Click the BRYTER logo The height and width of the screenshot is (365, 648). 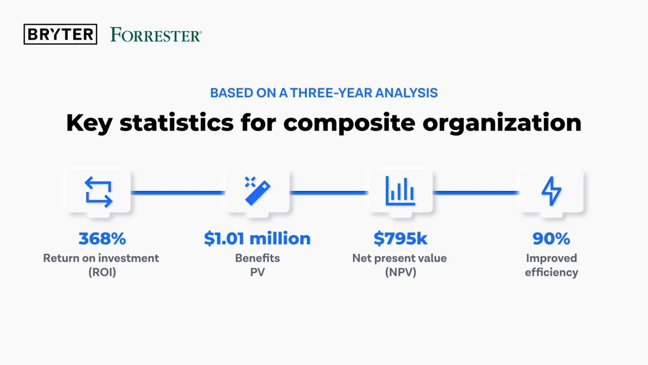tap(60, 34)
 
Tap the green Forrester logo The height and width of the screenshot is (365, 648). tap(156, 35)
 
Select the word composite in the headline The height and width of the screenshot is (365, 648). tap(350, 123)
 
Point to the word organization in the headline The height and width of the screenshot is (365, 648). tap(502, 123)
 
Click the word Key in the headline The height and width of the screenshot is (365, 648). tap(89, 123)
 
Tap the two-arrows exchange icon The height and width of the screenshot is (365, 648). tap(99, 192)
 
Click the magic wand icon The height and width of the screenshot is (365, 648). tap(257, 191)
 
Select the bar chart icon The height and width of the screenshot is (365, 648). tap(400, 191)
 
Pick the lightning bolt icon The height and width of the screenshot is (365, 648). tap(551, 191)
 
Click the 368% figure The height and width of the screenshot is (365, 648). tap(102, 239)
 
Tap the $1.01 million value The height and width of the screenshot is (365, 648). tap(257, 238)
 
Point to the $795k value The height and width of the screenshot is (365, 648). tap(400, 239)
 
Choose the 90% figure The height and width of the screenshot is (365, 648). tap(551, 239)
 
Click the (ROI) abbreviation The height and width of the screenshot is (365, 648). tap(102, 272)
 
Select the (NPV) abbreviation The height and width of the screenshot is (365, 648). tap(400, 272)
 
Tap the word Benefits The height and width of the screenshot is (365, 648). tap(257, 258)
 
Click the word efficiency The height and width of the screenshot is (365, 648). tap(551, 272)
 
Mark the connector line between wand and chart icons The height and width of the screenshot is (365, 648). tap(329, 193)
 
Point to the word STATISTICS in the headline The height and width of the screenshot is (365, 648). tap(176, 123)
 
